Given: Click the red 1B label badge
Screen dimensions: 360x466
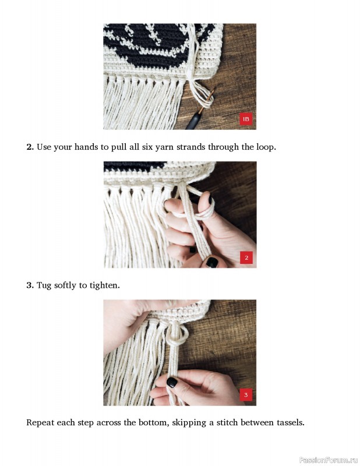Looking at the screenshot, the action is (246, 119).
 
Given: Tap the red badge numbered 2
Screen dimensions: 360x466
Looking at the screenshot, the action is (246, 257).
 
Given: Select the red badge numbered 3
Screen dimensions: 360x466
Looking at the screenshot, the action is (246, 395).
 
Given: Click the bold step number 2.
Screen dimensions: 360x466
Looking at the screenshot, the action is (30, 147).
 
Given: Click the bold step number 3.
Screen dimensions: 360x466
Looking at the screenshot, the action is (30, 285).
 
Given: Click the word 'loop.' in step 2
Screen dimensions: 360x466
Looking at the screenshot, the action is (266, 147).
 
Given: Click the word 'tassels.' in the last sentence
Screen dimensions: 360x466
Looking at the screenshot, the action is (291, 422).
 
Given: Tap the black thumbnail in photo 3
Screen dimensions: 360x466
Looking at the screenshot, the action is (172, 382).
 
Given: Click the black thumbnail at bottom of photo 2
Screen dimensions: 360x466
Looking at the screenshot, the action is (212, 262).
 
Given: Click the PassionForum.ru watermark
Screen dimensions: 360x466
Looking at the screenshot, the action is (329, 460).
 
